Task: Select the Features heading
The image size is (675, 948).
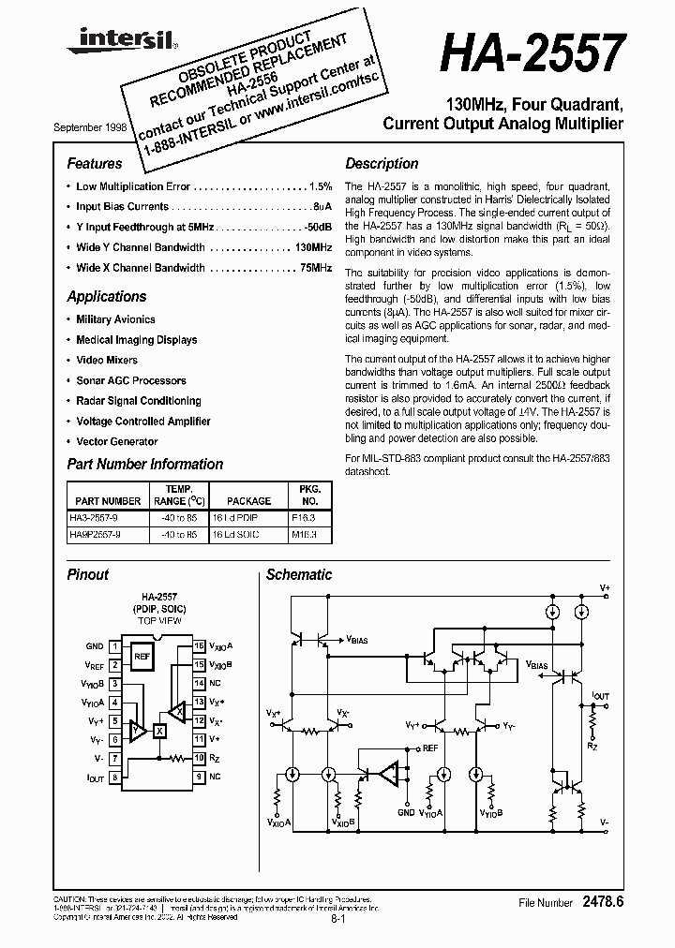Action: point(95,164)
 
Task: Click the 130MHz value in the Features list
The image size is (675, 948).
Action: point(314,247)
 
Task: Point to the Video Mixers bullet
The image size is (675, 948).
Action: point(107,360)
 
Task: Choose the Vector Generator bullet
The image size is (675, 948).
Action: point(117,441)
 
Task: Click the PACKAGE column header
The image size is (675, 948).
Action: point(249,501)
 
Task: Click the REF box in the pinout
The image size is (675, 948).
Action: point(142,656)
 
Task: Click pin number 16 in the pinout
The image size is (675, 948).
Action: point(199,645)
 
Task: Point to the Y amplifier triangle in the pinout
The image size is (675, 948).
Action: point(137,727)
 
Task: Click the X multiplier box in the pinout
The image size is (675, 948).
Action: point(159,730)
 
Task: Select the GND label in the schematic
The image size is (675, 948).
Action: point(406,813)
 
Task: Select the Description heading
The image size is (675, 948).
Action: point(382,164)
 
